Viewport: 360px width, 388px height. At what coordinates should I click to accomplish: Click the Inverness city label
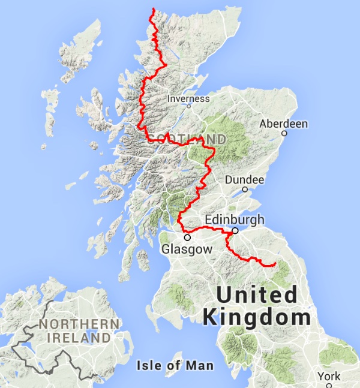(188, 98)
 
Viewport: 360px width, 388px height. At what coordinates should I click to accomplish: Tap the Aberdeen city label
(283, 124)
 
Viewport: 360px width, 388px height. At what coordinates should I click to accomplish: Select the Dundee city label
(244, 180)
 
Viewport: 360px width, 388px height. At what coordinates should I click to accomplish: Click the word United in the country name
(257, 295)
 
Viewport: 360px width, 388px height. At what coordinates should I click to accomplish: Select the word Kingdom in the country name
(257, 317)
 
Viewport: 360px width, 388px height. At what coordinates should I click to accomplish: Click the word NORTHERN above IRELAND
(79, 324)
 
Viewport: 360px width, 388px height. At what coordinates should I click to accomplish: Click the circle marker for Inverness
(188, 106)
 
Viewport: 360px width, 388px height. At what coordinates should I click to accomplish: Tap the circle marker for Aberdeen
(284, 133)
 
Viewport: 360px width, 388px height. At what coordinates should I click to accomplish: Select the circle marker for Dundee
(245, 189)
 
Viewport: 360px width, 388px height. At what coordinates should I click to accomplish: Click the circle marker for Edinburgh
(235, 230)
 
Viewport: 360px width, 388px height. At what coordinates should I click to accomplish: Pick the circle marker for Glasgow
(187, 237)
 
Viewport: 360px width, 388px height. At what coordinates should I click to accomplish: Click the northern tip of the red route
(154, 8)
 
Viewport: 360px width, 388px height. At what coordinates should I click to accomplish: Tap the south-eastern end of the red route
(275, 264)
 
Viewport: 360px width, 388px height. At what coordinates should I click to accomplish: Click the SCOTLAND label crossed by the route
(187, 139)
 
